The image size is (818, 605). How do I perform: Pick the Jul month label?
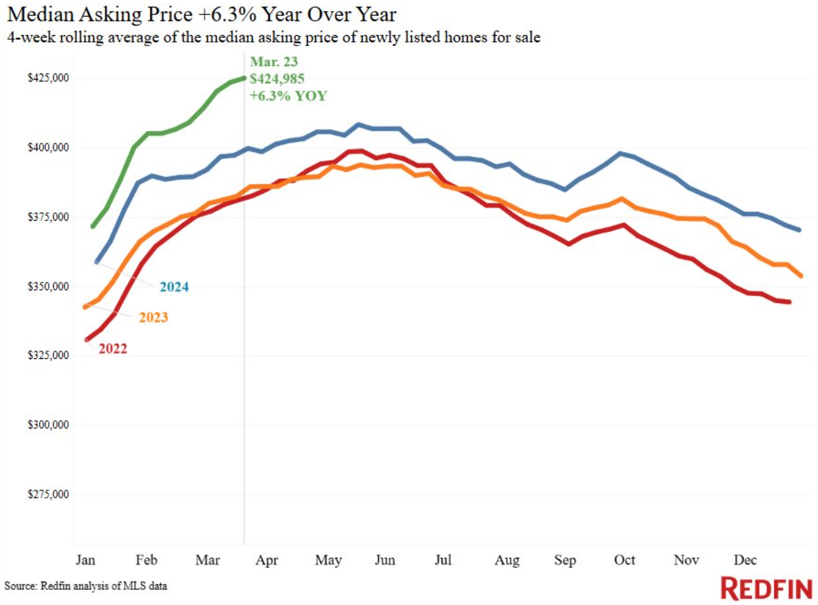click(443, 560)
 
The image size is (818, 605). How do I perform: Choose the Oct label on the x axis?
click(624, 560)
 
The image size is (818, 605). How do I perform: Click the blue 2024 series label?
click(175, 287)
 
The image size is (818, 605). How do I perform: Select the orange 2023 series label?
click(153, 318)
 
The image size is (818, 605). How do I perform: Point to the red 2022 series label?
click(112, 349)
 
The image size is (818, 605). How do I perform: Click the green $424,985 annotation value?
click(277, 78)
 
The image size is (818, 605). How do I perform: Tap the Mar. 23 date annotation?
click(274, 62)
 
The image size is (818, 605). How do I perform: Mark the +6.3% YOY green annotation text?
click(288, 96)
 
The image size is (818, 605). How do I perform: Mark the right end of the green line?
click(244, 78)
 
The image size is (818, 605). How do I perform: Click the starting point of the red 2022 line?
click(87, 340)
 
